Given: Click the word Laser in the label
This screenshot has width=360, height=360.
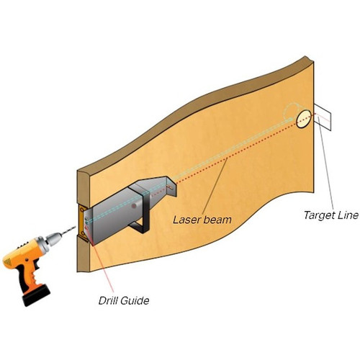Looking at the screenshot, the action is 185,220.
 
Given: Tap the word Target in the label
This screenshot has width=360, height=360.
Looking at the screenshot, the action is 318,215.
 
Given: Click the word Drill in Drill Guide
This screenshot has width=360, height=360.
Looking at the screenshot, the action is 107,300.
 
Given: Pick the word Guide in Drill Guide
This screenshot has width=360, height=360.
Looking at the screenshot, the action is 135,300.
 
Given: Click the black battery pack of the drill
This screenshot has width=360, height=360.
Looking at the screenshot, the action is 37,295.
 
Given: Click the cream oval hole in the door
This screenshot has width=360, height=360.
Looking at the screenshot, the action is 304,119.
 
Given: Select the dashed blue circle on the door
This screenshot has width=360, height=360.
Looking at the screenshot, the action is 292,112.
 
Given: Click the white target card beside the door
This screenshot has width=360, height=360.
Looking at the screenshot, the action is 323,117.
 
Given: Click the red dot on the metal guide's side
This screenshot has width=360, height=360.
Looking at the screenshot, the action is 134,206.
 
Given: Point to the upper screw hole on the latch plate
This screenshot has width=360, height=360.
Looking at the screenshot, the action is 82,210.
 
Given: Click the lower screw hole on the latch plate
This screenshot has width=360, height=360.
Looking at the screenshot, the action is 83,233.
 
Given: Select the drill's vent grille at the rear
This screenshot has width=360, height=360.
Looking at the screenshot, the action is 8,262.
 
